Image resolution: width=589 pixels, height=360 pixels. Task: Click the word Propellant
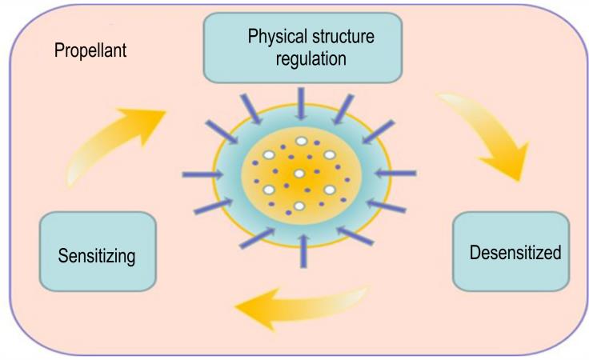pyautogui.click(x=90, y=50)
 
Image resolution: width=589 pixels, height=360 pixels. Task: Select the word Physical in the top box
pyautogui.click(x=278, y=37)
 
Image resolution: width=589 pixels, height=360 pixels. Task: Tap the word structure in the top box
pyautogui.click(x=343, y=37)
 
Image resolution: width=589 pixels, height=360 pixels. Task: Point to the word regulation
pyautogui.click(x=311, y=59)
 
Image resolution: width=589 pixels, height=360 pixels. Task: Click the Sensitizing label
pyautogui.click(x=97, y=256)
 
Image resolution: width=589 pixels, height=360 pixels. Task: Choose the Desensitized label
pyautogui.click(x=515, y=252)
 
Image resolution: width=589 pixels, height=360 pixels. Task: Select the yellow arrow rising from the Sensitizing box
pyautogui.click(x=113, y=142)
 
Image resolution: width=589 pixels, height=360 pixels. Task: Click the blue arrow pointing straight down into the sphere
pyautogui.click(x=301, y=104)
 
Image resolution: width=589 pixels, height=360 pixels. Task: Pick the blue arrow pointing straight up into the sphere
pyautogui.click(x=303, y=251)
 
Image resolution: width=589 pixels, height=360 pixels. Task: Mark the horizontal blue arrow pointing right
pyautogui.click(x=202, y=174)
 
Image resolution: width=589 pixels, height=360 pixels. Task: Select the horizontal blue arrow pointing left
pyautogui.click(x=395, y=173)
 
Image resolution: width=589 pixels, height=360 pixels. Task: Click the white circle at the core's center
pyautogui.click(x=299, y=174)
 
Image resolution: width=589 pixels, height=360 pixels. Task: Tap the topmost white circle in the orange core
pyautogui.click(x=302, y=141)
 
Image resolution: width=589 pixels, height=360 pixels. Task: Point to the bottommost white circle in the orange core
pyautogui.click(x=299, y=206)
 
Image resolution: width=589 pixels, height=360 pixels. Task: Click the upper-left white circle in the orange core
pyautogui.click(x=269, y=154)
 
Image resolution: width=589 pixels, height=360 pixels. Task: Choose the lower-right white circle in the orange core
pyautogui.click(x=330, y=190)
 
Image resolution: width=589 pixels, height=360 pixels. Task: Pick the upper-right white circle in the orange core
pyautogui.click(x=330, y=154)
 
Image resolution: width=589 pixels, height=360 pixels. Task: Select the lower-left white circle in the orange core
pyautogui.click(x=269, y=190)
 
